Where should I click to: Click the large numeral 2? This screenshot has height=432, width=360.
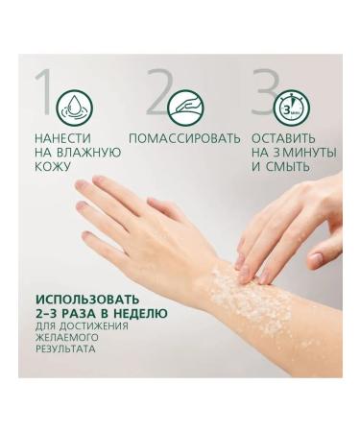click(158, 94)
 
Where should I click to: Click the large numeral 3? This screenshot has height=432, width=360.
click(268, 94)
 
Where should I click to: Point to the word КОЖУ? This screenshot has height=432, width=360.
click(58, 166)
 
